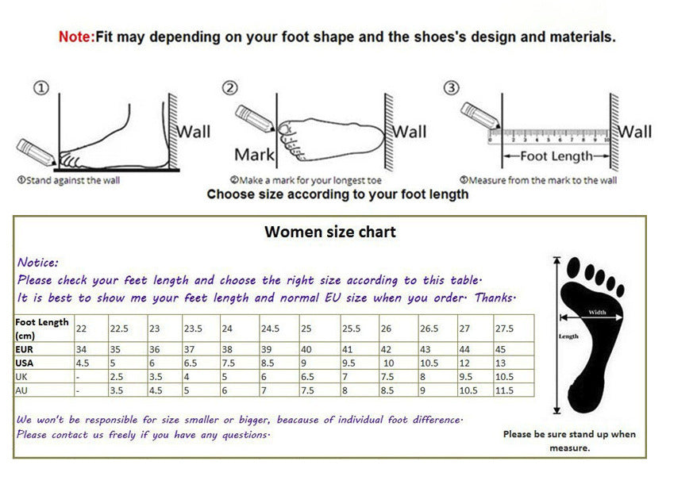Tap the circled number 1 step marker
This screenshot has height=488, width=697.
tap(41, 88)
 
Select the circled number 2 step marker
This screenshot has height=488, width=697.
tap(230, 88)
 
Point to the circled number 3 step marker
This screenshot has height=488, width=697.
tap(451, 88)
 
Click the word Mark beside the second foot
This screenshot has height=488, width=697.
tap(254, 155)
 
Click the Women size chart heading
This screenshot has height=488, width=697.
tap(329, 232)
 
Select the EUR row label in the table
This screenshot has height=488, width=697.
tap(25, 349)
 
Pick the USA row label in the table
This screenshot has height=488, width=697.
tap(25, 363)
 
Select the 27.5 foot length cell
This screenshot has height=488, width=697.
tap(506, 329)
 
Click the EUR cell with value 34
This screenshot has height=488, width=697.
tap(82, 349)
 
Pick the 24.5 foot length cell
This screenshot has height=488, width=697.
tap(271, 329)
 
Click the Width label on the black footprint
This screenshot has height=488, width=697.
tap(597, 313)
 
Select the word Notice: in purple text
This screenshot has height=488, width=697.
tap(38, 262)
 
